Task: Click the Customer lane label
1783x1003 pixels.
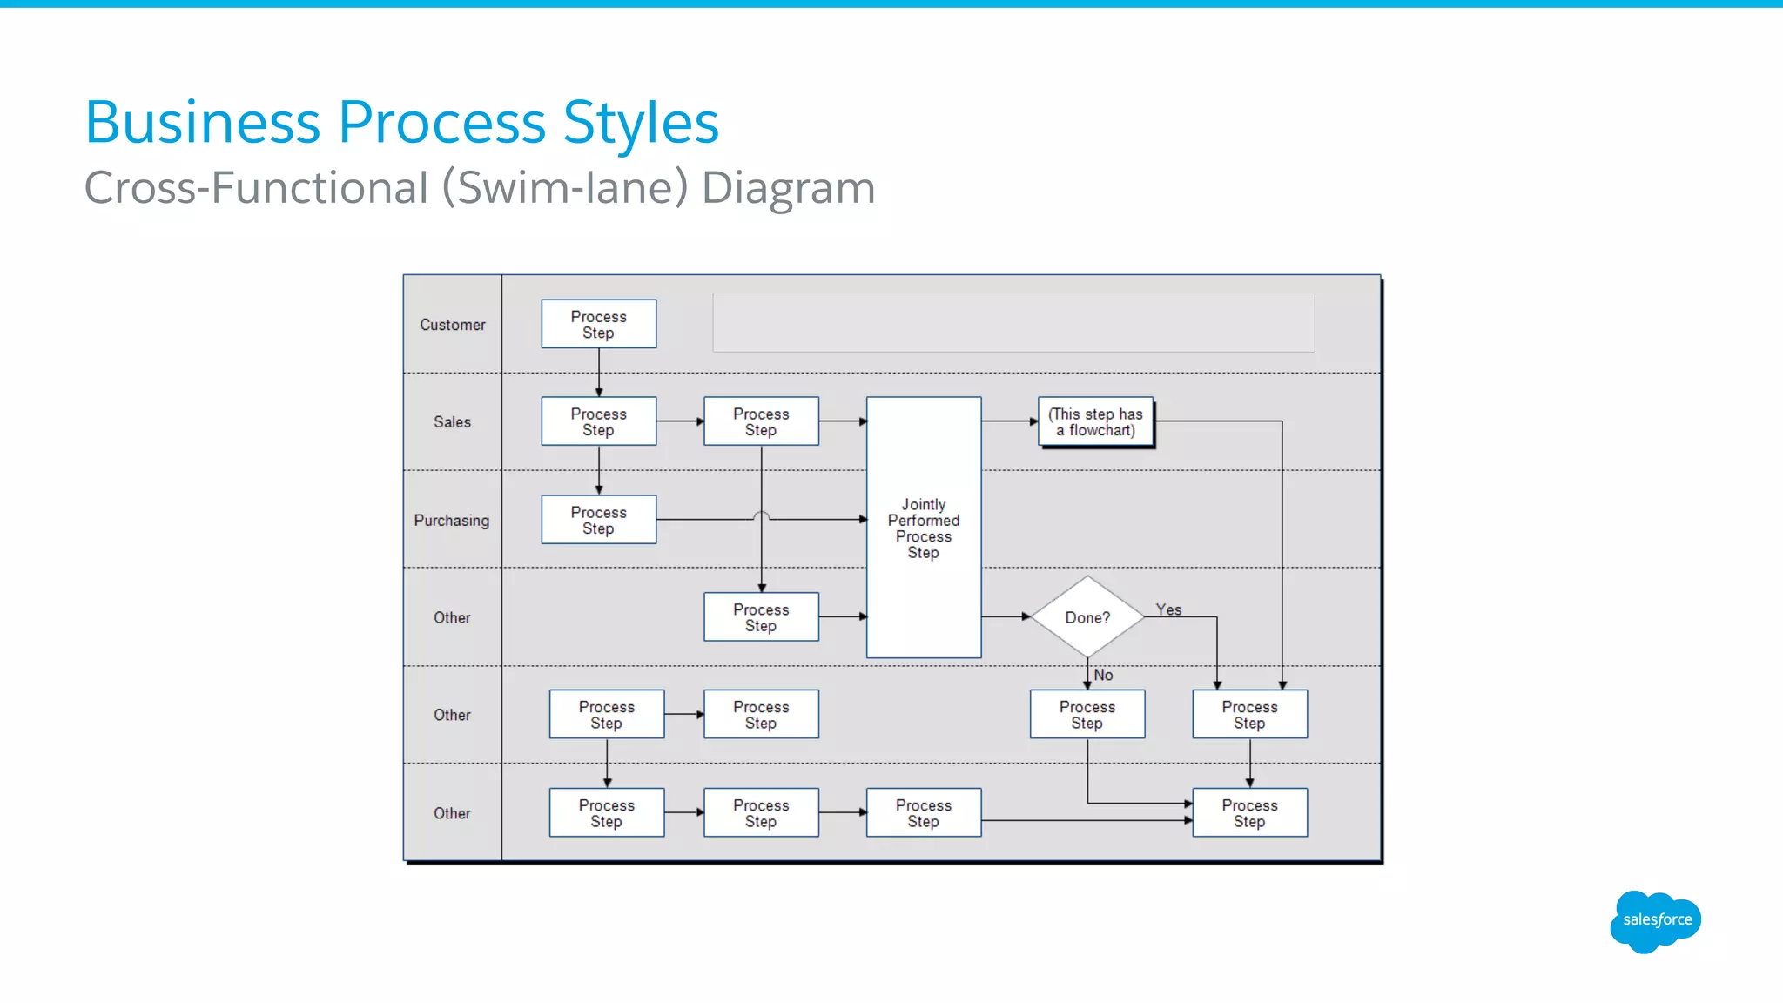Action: [x=452, y=325]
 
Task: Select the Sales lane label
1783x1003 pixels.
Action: [x=452, y=422]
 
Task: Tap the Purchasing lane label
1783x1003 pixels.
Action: [x=451, y=521]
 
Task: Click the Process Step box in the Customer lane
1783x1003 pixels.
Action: [x=598, y=325]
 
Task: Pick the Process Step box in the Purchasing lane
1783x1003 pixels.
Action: [x=598, y=520]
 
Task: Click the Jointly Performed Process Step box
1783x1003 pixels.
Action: [x=924, y=528]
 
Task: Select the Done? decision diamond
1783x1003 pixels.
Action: [x=1087, y=617]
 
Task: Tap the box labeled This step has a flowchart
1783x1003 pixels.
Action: [x=1095, y=422]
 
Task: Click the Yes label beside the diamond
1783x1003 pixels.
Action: [x=1168, y=609]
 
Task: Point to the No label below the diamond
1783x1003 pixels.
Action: [x=1103, y=675]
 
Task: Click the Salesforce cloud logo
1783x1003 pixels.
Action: [x=1656, y=920]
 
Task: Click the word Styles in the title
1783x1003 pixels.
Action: [x=641, y=122]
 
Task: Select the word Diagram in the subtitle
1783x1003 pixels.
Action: [x=788, y=188]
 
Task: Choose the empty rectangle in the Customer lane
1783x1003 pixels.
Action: [x=1013, y=322]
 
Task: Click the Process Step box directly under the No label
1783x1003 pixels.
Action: [x=1087, y=715]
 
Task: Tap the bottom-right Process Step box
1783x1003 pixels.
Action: [x=1249, y=813]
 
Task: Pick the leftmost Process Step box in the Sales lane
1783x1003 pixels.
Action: [x=598, y=422]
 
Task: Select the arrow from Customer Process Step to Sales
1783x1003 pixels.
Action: [x=599, y=373]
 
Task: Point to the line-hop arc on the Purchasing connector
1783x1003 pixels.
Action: [x=762, y=515]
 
